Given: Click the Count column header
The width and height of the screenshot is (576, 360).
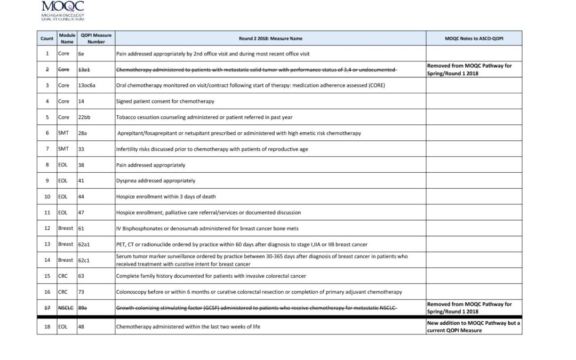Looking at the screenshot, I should point(47,38).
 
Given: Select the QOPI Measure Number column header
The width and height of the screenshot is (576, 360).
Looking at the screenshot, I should point(96,38).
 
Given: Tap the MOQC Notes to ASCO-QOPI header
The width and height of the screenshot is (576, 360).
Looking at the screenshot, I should point(474,38).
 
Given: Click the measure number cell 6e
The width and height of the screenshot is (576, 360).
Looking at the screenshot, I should point(81,54).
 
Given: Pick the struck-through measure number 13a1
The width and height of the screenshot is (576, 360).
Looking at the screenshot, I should point(84,70).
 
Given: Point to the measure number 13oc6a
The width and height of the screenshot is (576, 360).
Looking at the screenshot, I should point(87,85).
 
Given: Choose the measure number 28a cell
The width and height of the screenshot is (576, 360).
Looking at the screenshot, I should point(83,133).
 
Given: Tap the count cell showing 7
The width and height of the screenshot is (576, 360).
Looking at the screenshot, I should point(47,149).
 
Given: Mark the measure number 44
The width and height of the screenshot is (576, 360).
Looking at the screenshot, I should point(82,196).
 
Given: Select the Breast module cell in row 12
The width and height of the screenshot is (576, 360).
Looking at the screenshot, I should point(66,228).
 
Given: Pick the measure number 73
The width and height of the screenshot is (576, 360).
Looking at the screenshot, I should point(82,292).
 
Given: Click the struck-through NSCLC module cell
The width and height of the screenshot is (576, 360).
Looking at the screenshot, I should point(66,308).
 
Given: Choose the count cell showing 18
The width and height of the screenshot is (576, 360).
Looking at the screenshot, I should point(47,326).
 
